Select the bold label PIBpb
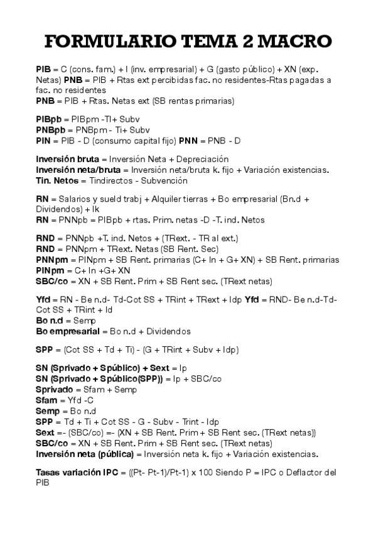[x=50, y=119]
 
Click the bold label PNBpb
[x=51, y=130]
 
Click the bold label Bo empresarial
[x=67, y=331]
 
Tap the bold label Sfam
[x=46, y=400]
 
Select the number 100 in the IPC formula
[x=205, y=473]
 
